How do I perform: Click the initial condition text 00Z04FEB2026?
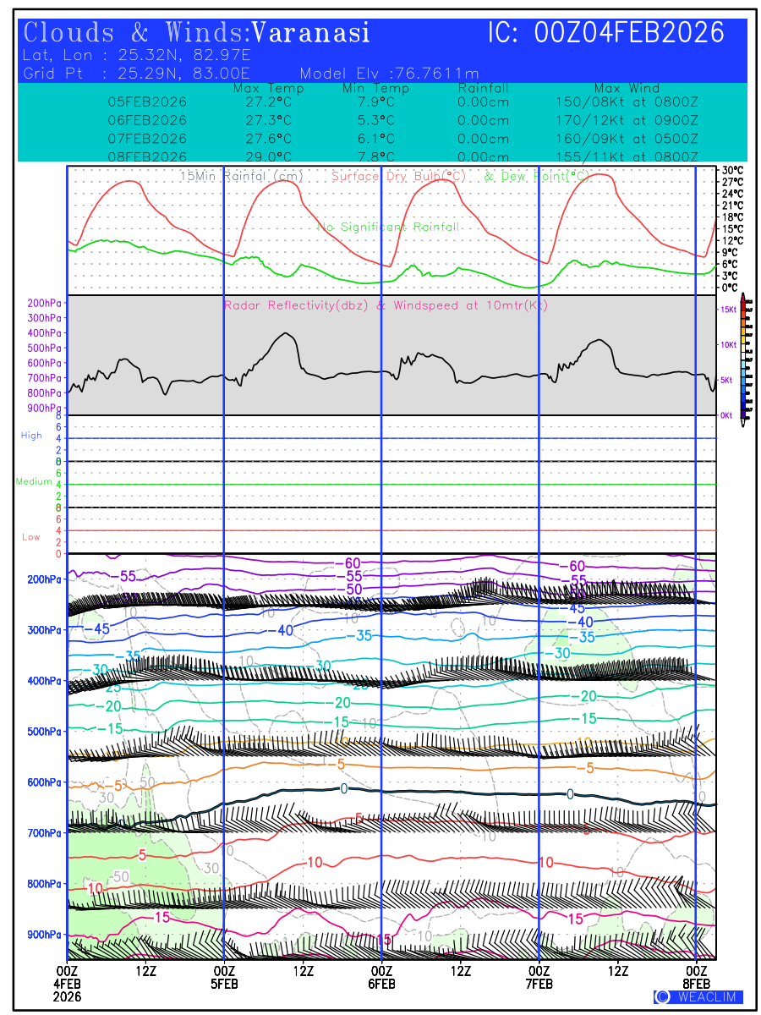point(630,33)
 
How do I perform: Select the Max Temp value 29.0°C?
point(262,156)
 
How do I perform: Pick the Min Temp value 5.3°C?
point(375,120)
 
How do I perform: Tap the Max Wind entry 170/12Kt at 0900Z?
point(621,120)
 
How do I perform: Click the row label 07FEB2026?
point(147,138)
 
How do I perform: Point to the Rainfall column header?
point(483,88)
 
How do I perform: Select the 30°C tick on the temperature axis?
point(732,170)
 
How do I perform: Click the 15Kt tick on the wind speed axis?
point(727,310)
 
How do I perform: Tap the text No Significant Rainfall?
point(388,227)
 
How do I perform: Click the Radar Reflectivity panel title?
point(386,305)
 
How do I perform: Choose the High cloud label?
point(31,436)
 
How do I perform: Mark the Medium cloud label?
point(34,481)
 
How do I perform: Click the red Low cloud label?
point(31,537)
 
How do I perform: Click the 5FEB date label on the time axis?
point(224,984)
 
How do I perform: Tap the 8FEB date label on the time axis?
point(697,984)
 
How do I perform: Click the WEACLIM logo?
point(698,996)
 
